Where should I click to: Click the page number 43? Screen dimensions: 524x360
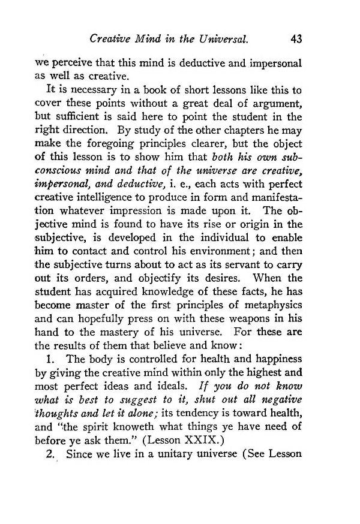(295, 40)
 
